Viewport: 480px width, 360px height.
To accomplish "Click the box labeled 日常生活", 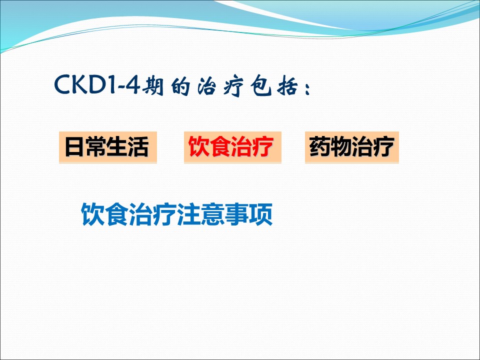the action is coord(108,147).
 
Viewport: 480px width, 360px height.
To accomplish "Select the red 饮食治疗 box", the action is coord(232,147).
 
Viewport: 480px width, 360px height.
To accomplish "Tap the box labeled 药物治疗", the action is coord(351,147).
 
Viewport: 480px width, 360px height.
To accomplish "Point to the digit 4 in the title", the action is coord(132,84).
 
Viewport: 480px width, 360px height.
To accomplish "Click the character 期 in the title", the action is coord(152,85).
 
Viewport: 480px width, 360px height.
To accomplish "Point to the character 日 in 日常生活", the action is coord(74,147).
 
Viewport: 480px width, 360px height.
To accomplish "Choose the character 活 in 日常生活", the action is coord(138,147).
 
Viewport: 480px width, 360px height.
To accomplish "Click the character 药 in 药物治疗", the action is coord(319,146).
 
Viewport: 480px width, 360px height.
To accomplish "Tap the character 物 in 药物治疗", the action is coord(340,146).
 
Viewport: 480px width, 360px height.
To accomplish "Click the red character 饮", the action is coord(198,147).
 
